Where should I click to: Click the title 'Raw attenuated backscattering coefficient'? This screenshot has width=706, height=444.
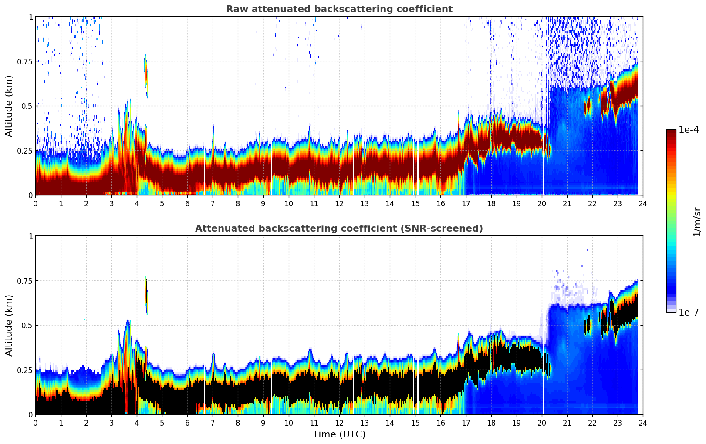tap(339, 9)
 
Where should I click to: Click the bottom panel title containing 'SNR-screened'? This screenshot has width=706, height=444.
tap(339, 229)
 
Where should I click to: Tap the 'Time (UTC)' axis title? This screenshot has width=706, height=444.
tap(339, 434)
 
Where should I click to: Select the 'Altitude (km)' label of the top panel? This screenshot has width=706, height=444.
tap(9, 106)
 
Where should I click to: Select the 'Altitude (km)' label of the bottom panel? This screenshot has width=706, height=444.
tap(9, 325)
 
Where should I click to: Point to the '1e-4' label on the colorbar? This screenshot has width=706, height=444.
tap(689, 130)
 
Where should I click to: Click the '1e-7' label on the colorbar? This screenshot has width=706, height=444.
tap(689, 312)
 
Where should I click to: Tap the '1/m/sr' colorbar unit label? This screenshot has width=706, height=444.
tap(697, 222)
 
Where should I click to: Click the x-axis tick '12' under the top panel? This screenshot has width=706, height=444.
tap(339, 203)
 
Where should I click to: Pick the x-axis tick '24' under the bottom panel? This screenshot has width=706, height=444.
tap(643, 423)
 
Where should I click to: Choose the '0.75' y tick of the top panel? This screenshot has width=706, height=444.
tap(24, 61)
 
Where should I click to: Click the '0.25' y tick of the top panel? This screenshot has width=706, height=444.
tap(24, 151)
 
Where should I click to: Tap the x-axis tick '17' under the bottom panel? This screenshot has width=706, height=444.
tap(466, 423)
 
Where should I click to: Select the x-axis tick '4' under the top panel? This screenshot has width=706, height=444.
tap(137, 203)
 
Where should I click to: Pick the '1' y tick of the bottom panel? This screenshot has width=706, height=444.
tap(30, 236)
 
